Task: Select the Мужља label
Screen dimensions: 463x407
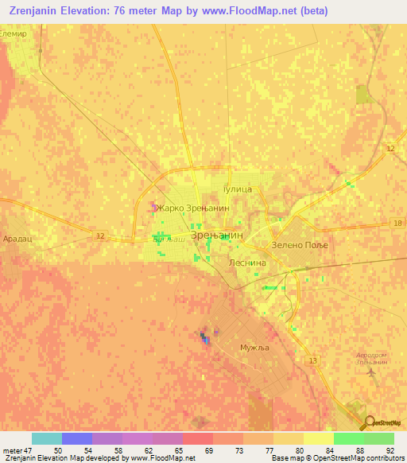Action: point(255,348)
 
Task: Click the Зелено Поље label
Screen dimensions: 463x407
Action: point(300,245)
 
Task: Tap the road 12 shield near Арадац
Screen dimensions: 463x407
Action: point(99,235)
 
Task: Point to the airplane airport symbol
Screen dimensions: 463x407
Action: point(370,371)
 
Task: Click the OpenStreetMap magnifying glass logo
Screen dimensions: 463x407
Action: point(367,423)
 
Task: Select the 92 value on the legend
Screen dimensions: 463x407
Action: point(390,450)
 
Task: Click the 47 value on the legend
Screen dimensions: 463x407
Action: point(28,450)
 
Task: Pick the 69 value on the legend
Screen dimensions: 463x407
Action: point(209,450)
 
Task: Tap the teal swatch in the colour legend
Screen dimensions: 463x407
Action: point(46,438)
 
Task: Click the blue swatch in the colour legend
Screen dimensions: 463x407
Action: point(76,438)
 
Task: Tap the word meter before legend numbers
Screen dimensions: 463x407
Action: point(12,450)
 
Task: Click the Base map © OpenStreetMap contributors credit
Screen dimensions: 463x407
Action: point(337,458)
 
